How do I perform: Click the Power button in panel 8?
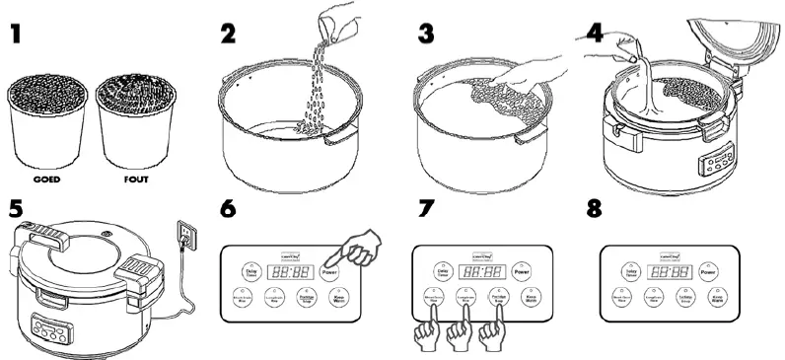pos(707,271)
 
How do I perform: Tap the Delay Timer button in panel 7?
pos(443,271)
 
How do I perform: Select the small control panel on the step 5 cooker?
pos(50,328)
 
